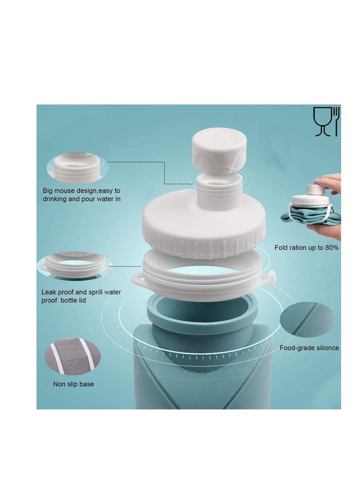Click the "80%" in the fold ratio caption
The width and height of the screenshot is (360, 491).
(330, 248)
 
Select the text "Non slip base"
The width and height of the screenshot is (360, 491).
(74, 384)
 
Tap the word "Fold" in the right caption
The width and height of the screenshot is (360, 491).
(282, 248)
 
